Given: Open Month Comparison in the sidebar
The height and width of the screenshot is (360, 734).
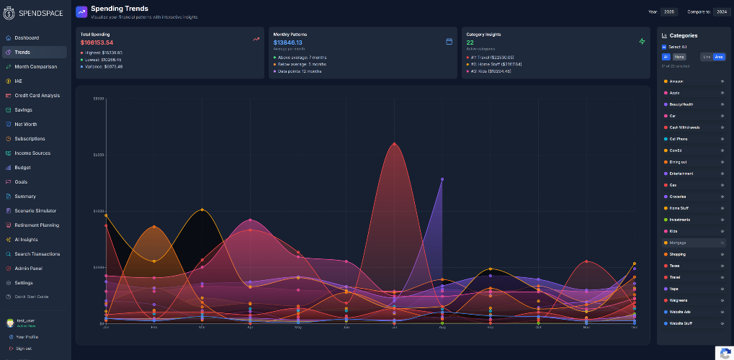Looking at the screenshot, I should tap(35, 66).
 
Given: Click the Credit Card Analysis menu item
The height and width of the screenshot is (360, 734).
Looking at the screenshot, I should tap(37, 95).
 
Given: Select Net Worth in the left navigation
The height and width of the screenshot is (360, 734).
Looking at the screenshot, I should tap(26, 124).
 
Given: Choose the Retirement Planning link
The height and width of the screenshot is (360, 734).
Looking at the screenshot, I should tap(36, 225).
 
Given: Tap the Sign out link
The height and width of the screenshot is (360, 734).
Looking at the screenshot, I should tap(24, 348).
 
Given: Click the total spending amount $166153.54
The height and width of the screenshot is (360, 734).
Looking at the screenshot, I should tap(97, 42).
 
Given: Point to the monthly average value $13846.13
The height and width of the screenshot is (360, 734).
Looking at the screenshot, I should tap(287, 42).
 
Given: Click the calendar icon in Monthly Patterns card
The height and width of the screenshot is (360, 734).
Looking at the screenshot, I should tap(449, 41).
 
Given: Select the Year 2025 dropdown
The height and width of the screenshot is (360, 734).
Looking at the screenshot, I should tap(669, 12).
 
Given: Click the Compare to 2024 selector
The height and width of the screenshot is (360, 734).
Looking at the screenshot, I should tap(720, 12).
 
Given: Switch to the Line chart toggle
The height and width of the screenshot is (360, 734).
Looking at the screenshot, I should tap(707, 56).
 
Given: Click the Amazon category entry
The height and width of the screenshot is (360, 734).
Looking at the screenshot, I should tap(676, 81).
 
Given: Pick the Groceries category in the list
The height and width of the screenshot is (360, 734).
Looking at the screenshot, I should tap(678, 197).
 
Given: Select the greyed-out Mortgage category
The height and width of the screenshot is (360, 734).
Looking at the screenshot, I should tap(678, 243).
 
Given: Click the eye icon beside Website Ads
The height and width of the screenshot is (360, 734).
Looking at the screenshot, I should tap(722, 312).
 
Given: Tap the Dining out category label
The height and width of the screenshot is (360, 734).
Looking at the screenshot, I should tap(678, 162).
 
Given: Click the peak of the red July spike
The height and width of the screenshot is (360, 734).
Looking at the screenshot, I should tap(394, 143).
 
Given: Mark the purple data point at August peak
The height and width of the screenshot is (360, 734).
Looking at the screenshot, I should tap(442, 179).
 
